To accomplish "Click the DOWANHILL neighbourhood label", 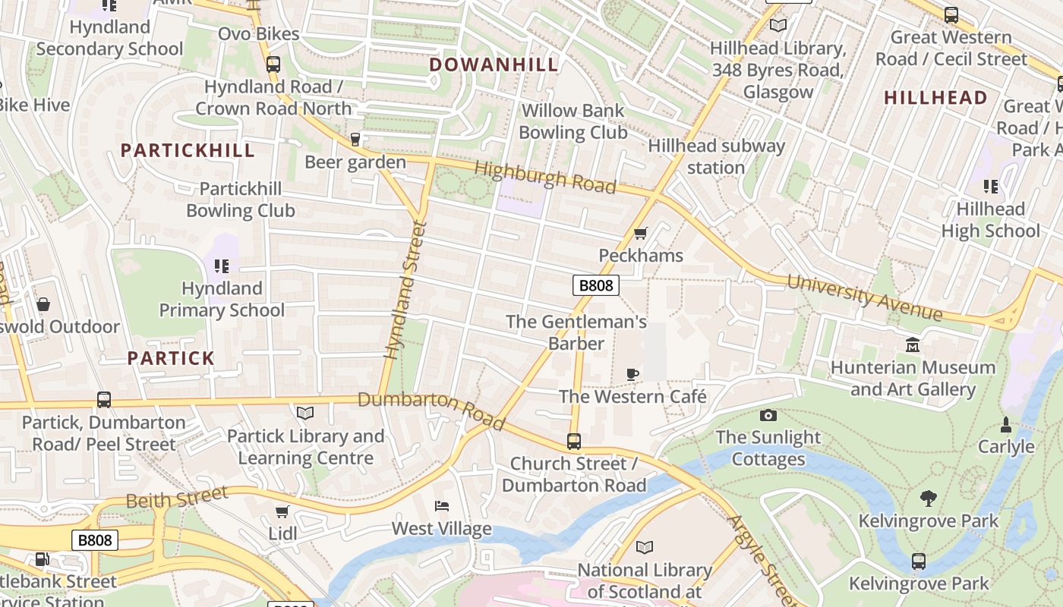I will [x=494, y=64].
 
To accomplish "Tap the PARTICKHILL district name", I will [x=188, y=150].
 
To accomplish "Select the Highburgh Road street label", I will [x=545, y=177].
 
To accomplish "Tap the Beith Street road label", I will [x=177, y=498].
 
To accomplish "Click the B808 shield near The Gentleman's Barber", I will [x=595, y=285].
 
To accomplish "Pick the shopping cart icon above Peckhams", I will [x=640, y=233].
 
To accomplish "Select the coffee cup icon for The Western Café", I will [x=632, y=373].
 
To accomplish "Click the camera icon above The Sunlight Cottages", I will [x=768, y=415].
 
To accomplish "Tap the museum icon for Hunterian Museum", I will [x=913, y=345].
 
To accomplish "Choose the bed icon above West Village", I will [x=442, y=506].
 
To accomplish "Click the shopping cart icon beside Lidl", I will [x=282, y=511].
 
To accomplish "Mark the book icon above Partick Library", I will [x=305, y=413].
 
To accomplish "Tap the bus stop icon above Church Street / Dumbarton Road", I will [x=574, y=441].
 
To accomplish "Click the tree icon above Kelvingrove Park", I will [x=928, y=498].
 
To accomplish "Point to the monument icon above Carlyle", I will [x=1006, y=424].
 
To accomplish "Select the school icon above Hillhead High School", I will [x=990, y=186].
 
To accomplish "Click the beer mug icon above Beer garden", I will [x=355, y=140].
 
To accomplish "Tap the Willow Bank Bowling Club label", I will [x=573, y=121].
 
